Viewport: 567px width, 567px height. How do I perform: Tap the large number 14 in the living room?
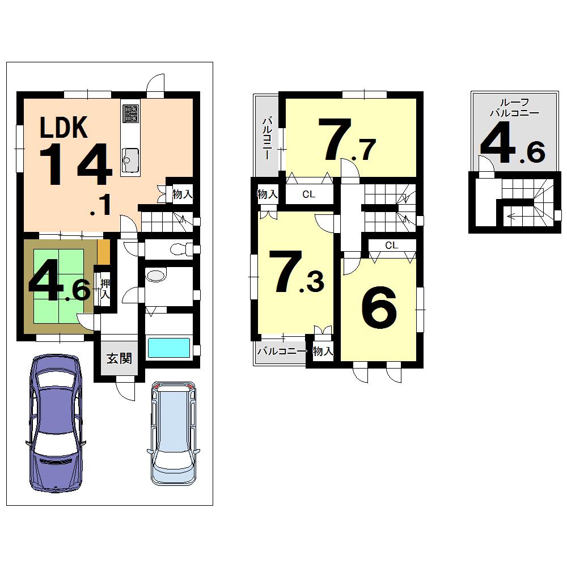tap(75, 164)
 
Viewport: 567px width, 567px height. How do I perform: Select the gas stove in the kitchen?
tap(130, 113)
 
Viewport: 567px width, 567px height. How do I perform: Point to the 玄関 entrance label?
tap(120, 358)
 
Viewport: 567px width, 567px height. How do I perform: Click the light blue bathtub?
tap(168, 347)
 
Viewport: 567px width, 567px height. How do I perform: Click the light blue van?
tap(174, 434)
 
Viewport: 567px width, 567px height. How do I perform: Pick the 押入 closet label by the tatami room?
tap(105, 289)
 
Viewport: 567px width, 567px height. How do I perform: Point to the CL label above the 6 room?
tap(391, 246)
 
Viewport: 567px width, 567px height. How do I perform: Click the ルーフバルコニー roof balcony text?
tap(514, 107)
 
